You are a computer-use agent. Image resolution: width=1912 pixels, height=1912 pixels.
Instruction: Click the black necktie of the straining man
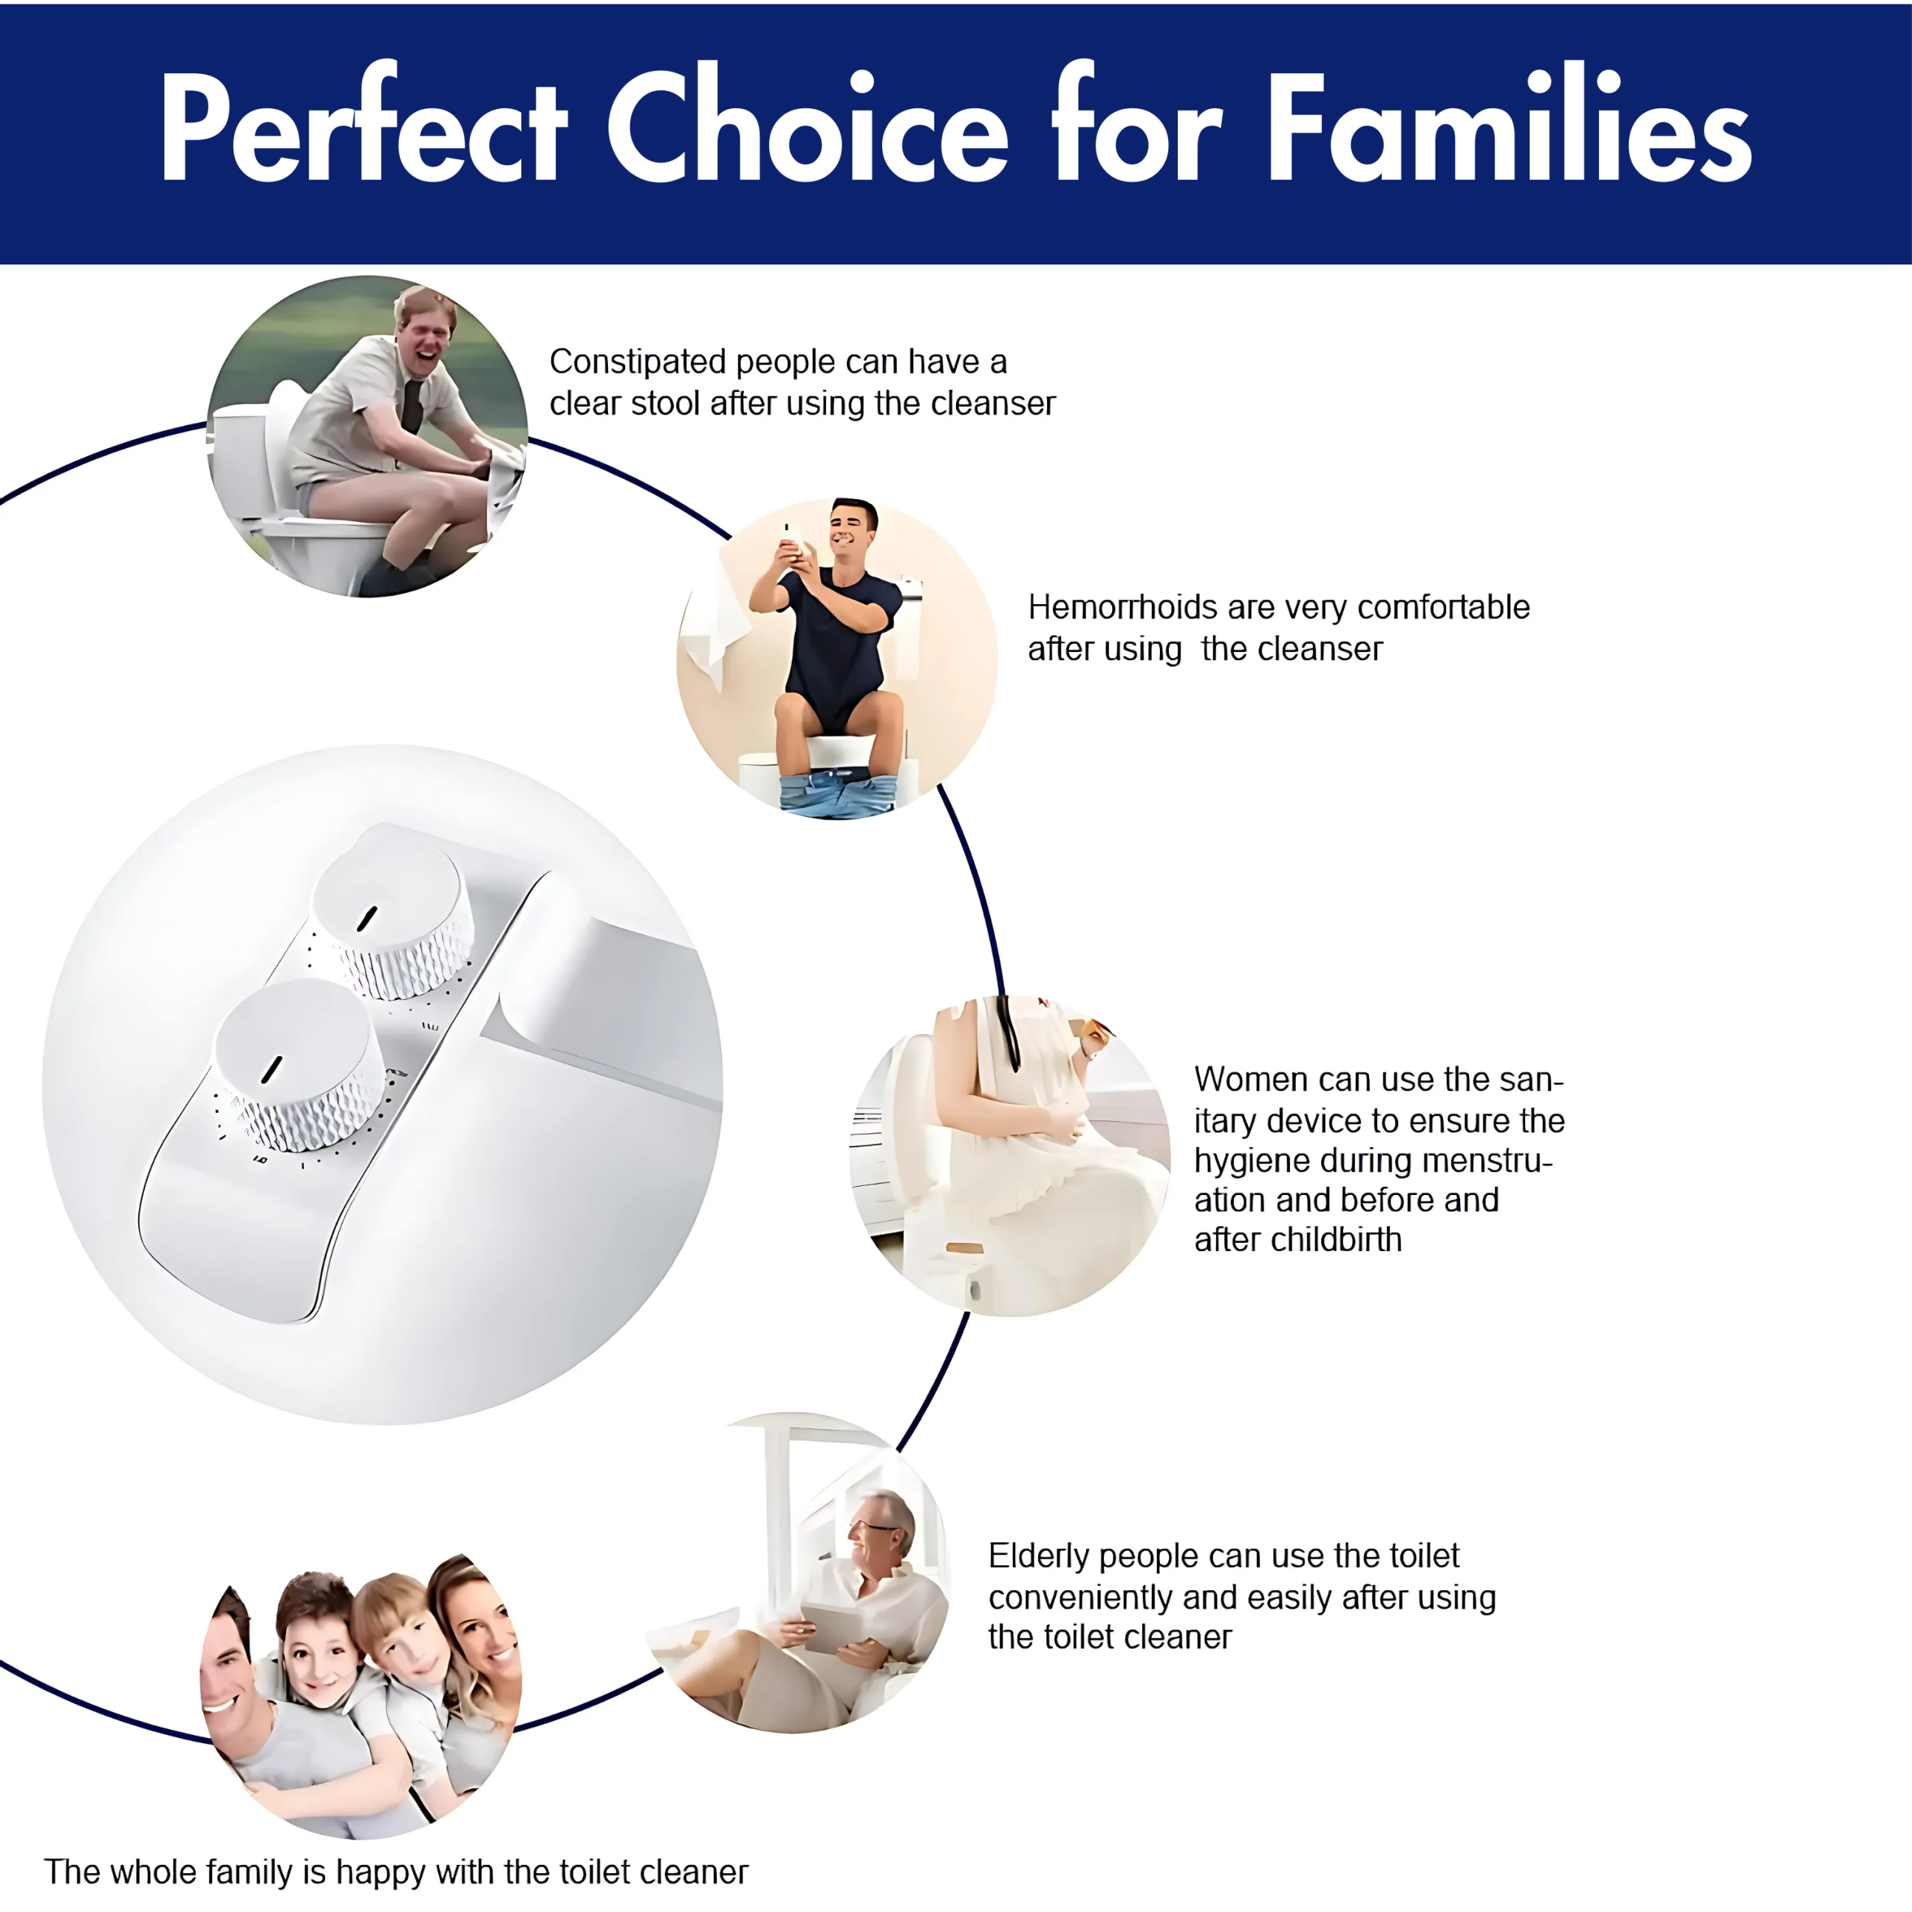pyautogui.click(x=412, y=406)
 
